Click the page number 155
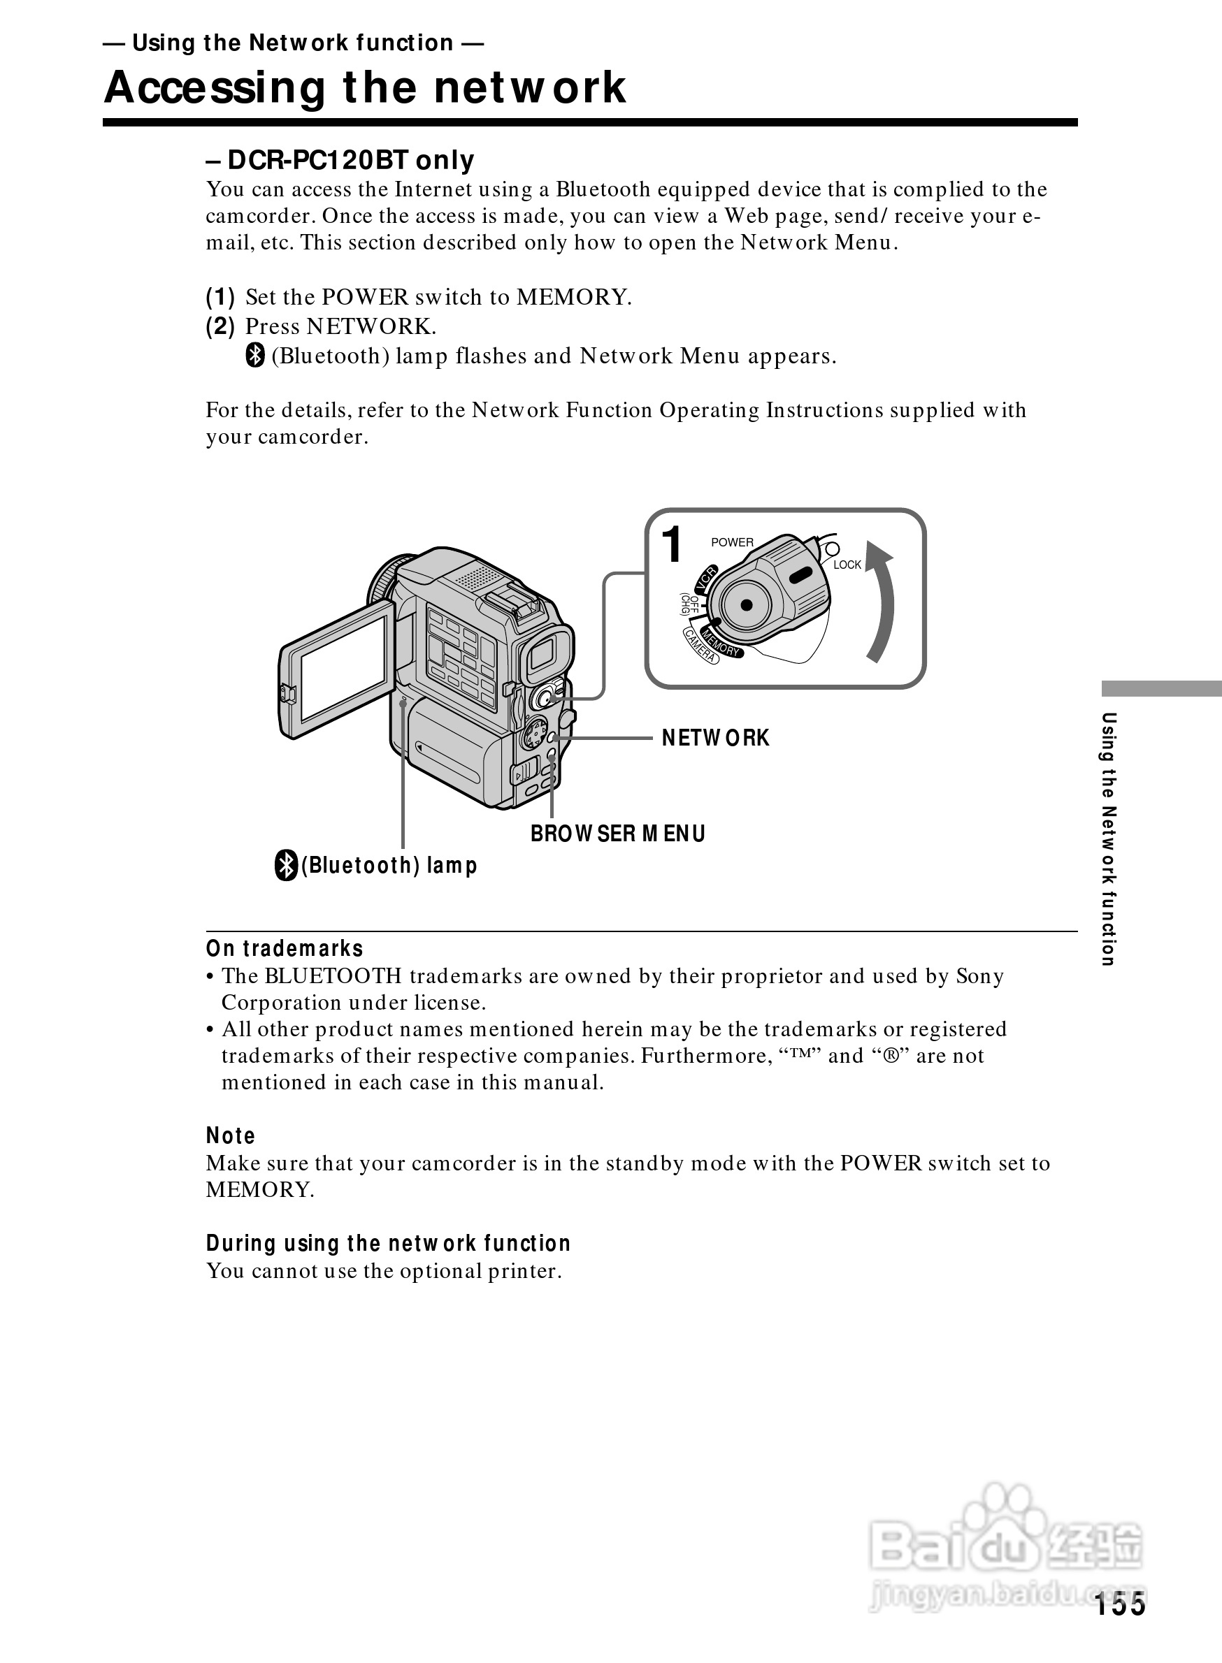tap(1120, 1604)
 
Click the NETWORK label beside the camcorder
tap(715, 737)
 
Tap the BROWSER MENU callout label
tap(618, 834)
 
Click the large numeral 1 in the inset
tap(672, 545)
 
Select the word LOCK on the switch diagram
tap(847, 565)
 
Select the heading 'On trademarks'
tap(285, 949)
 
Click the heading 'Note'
tap(231, 1135)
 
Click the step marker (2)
tap(220, 326)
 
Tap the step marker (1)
tap(220, 297)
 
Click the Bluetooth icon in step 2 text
tap(255, 356)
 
